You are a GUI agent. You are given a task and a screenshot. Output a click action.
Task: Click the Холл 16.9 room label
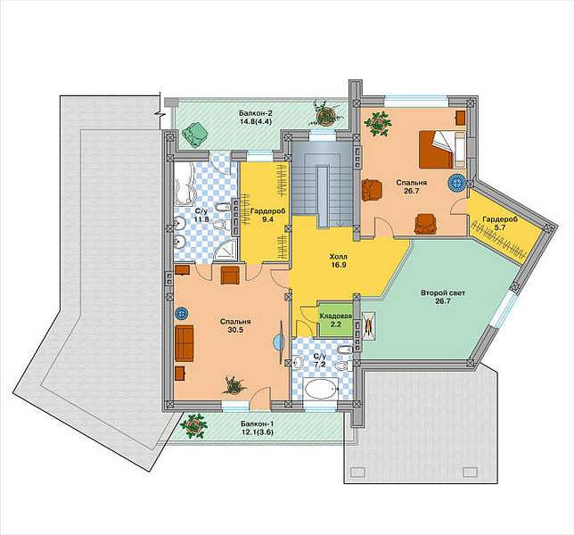pyautogui.click(x=339, y=260)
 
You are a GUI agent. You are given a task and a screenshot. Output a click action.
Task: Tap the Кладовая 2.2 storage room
pyautogui.click(x=336, y=320)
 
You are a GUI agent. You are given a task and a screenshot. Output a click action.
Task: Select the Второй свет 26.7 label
pyautogui.click(x=443, y=297)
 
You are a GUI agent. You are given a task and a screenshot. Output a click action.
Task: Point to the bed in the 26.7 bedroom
pyautogui.click(x=442, y=150)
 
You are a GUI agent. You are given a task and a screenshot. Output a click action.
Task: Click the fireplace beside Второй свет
pyautogui.click(x=369, y=326)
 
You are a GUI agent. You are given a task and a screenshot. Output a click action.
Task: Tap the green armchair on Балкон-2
pyautogui.click(x=196, y=135)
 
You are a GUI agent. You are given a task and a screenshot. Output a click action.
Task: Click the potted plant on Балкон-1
pyautogui.click(x=193, y=426)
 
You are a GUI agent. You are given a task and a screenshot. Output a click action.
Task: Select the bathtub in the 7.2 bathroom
pyautogui.click(x=321, y=390)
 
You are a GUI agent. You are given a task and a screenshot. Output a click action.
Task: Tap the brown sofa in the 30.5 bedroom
pyautogui.click(x=184, y=343)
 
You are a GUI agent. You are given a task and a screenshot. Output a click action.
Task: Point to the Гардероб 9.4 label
pyautogui.click(x=267, y=215)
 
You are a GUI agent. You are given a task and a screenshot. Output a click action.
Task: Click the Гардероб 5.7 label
pyautogui.click(x=500, y=223)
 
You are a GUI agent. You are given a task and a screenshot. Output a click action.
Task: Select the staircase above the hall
pyautogui.click(x=323, y=184)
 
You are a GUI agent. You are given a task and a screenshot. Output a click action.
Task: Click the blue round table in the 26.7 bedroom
pyautogui.click(x=457, y=183)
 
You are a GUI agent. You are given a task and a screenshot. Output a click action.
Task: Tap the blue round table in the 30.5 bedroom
pyautogui.click(x=181, y=313)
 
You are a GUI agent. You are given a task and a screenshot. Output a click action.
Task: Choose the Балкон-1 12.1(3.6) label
pyautogui.click(x=257, y=428)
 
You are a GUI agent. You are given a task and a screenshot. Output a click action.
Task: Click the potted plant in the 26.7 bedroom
pyautogui.click(x=377, y=124)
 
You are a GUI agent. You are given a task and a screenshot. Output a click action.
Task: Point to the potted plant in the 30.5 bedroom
pyautogui.click(x=233, y=385)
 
